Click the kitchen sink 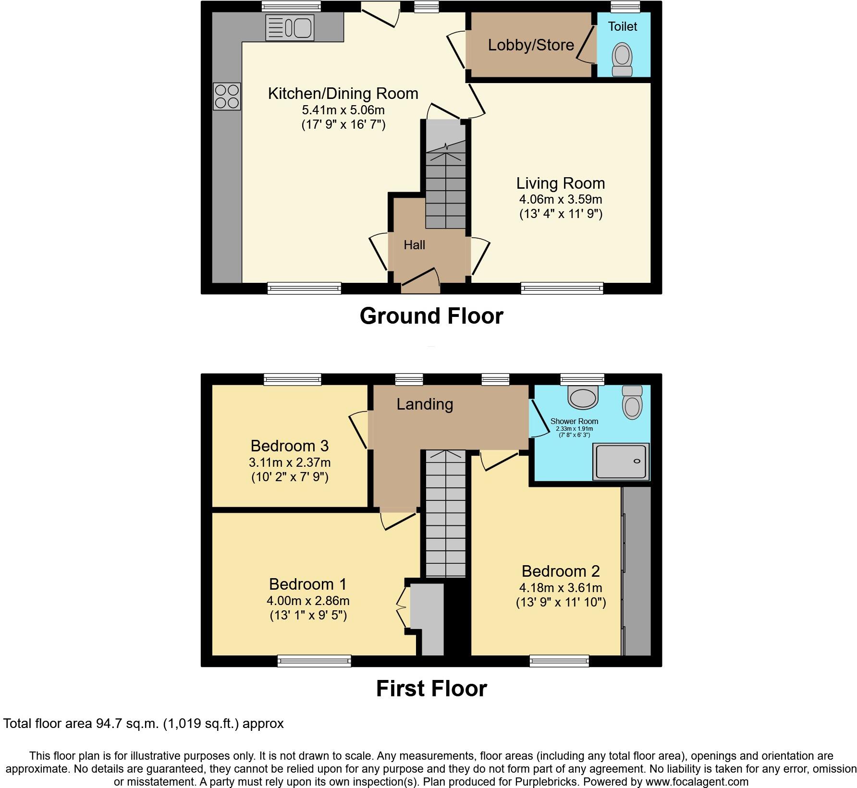pyautogui.click(x=290, y=27)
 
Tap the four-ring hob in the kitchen pyautogui.click(x=227, y=97)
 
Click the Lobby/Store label pyautogui.click(x=531, y=45)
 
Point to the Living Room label pyautogui.click(x=560, y=183)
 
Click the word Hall pyautogui.click(x=414, y=245)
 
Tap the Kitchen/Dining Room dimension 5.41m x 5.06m pyautogui.click(x=343, y=110)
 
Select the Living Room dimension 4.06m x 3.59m pyautogui.click(x=560, y=199)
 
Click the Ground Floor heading pyautogui.click(x=431, y=316)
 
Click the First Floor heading pyautogui.click(x=431, y=689)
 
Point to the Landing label pyautogui.click(x=425, y=404)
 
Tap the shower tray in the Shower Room pyautogui.click(x=622, y=461)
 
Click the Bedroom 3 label pyautogui.click(x=289, y=446)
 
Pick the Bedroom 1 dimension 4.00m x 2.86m pyautogui.click(x=308, y=601)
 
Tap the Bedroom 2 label pyautogui.click(x=560, y=571)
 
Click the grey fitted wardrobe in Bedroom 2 pyautogui.click(x=637, y=571)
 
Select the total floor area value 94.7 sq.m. pyautogui.click(x=126, y=724)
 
